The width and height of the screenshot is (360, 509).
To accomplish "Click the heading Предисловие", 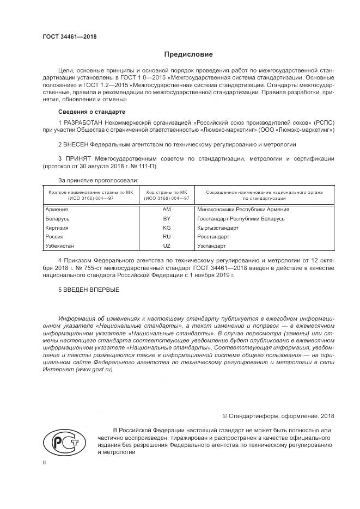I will [x=189, y=54].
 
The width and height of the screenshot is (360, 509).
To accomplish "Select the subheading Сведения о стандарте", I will [x=88, y=112].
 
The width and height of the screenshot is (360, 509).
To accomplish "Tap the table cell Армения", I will [x=57, y=209].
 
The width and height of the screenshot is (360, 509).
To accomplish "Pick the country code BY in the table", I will [x=167, y=218].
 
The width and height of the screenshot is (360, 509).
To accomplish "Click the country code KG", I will [x=167, y=228].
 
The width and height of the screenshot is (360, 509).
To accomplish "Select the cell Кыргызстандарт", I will [x=218, y=228].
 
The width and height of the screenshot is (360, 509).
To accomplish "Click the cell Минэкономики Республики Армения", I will [x=243, y=209].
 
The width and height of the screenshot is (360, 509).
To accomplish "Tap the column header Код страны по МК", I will [x=167, y=192].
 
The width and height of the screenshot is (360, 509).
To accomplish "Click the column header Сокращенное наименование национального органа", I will [x=264, y=192].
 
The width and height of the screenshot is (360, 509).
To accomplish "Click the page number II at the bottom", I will [x=45, y=462].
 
